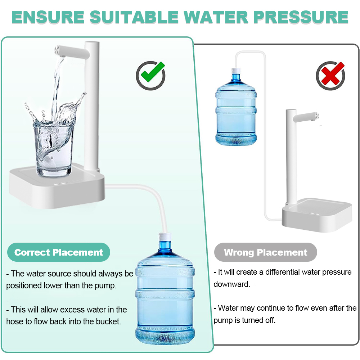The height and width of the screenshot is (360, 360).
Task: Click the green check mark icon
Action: (x=150, y=75)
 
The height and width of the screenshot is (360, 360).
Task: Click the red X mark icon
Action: (x=330, y=75)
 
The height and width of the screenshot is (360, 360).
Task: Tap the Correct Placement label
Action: (x=59, y=252)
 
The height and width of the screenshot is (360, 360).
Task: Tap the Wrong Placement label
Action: (x=266, y=252)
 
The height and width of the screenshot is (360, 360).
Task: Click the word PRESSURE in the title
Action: (x=301, y=17)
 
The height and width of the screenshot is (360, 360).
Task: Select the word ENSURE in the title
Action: (x=48, y=17)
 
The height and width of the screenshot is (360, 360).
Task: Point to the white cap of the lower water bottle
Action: (x=165, y=237)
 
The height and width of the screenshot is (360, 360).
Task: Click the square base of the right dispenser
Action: (x=317, y=215)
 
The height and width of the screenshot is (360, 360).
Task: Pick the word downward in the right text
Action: (x=231, y=284)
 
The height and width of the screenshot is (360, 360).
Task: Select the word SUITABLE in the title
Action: (x=134, y=17)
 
